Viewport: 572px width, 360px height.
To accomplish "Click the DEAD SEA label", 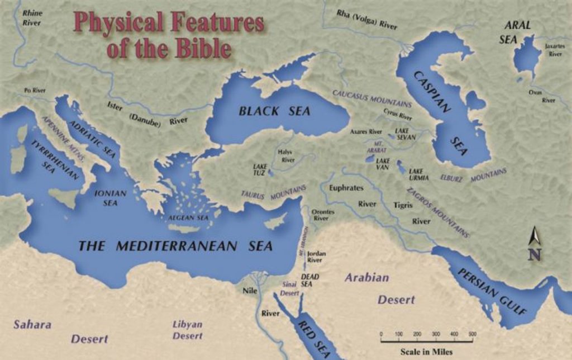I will click(307, 280).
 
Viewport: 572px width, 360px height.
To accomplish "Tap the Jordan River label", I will click(316, 257).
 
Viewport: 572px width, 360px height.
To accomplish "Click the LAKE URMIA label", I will click(418, 174).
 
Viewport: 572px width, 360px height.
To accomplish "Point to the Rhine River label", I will click(32, 17).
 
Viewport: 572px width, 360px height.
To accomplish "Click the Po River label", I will click(35, 90).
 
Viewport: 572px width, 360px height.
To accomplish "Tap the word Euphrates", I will click(346, 188).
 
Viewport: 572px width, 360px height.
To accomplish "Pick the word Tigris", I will click(402, 205).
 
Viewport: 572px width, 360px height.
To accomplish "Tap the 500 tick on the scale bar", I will click(473, 334).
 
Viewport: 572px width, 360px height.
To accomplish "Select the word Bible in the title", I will click(194, 49).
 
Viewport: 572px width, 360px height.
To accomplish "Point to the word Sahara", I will click(32, 325).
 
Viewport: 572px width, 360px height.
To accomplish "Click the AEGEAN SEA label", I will click(188, 217).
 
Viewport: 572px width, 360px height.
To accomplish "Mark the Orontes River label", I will click(323, 215).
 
